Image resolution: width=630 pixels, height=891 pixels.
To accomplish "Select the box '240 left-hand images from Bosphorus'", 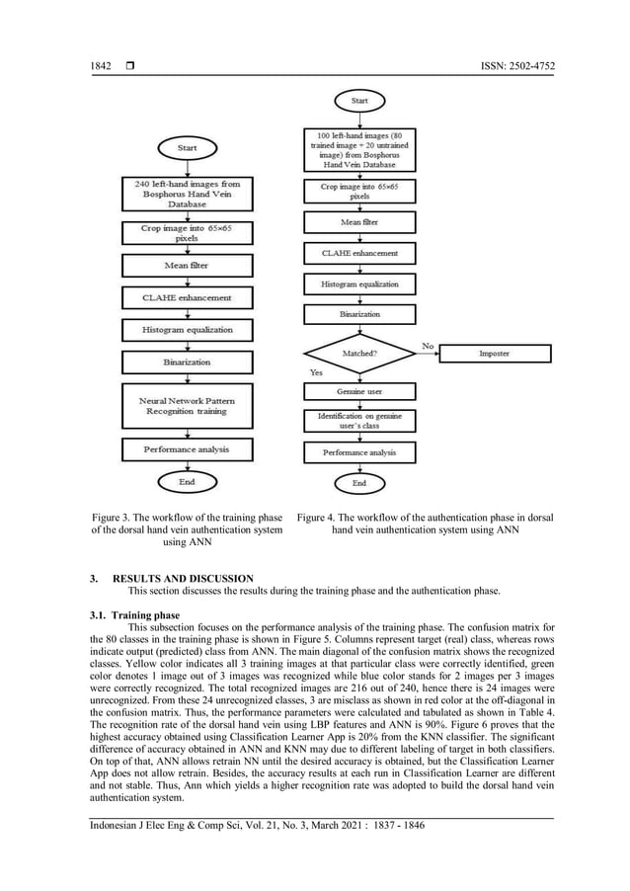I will [187, 194].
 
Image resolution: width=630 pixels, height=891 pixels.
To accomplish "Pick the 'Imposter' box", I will [494, 353].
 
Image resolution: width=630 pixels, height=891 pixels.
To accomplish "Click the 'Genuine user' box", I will [358, 391].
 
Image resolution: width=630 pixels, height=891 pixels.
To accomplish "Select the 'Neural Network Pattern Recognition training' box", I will [187, 407].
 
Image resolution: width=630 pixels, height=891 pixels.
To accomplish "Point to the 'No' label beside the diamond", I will [428, 345].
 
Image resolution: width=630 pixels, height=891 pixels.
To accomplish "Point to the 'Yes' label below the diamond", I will [316, 372].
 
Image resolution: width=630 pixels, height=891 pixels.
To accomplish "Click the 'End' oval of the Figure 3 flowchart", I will [187, 482].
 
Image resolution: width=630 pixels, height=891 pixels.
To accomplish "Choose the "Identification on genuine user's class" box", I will [358, 422].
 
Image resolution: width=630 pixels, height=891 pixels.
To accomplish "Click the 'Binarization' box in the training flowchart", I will [187, 362].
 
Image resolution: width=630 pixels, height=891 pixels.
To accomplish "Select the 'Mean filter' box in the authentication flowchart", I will [358, 222].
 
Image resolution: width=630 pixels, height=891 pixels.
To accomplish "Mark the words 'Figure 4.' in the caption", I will [320, 517].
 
